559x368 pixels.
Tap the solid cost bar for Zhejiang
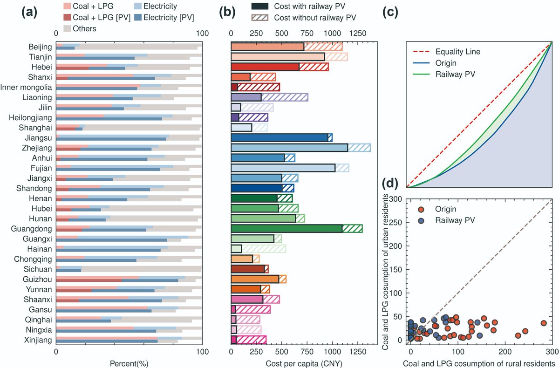[289, 148]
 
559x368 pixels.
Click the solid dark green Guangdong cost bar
[286, 228]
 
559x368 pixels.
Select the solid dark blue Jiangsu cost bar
[279, 137]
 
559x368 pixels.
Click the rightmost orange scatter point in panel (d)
[543, 323]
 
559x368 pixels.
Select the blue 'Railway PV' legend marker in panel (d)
[421, 220]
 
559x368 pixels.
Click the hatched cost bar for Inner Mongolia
[259, 87]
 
